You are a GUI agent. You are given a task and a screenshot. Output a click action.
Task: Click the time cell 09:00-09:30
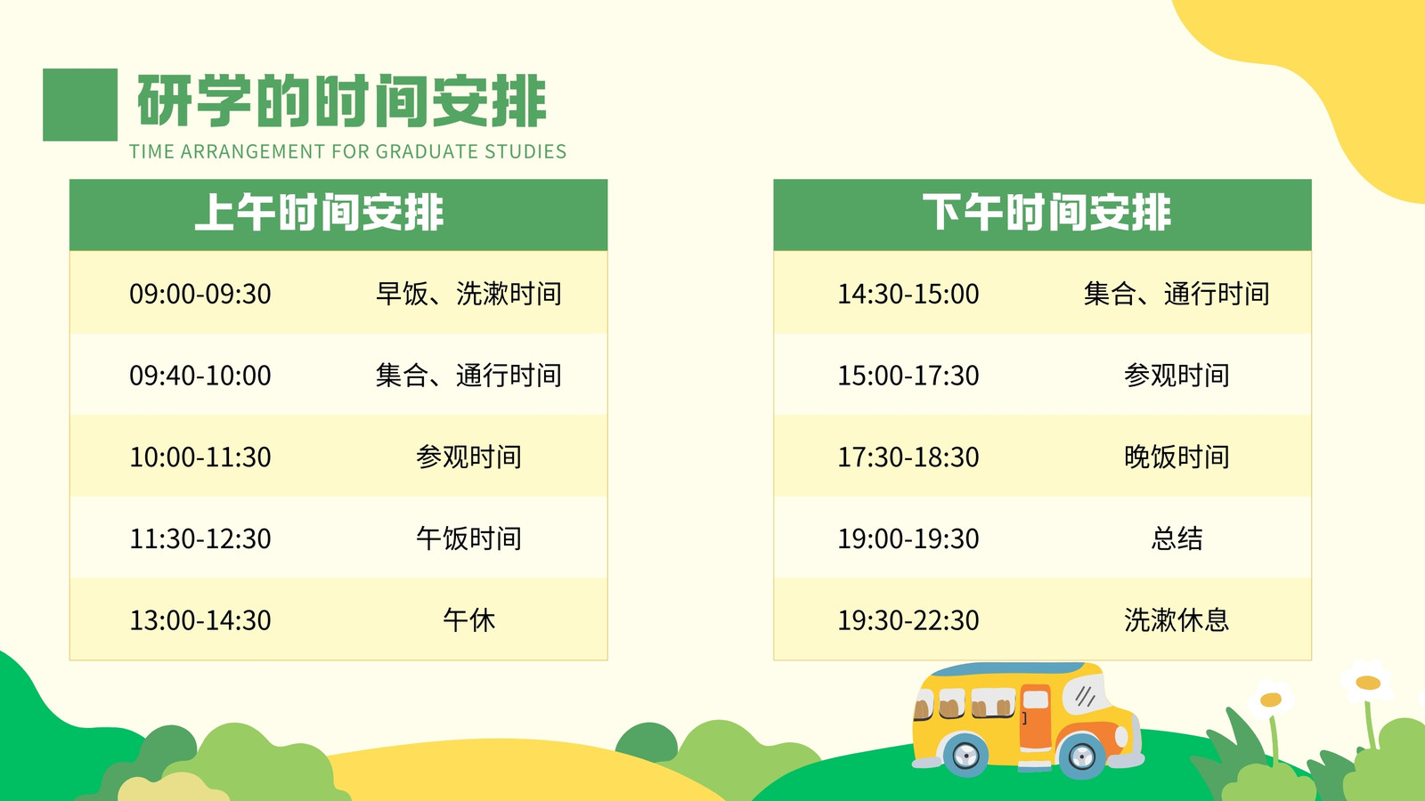pyautogui.click(x=200, y=294)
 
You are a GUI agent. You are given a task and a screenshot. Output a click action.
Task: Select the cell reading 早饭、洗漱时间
pyautogui.click(x=468, y=294)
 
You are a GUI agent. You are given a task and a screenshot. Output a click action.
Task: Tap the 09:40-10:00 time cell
pyautogui.click(x=200, y=375)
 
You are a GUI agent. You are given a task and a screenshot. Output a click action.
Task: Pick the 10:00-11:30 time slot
pyautogui.click(x=200, y=457)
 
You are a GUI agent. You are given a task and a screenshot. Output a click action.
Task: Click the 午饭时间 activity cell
pyautogui.click(x=468, y=538)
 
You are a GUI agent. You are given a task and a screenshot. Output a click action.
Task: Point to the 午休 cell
pyautogui.click(x=468, y=619)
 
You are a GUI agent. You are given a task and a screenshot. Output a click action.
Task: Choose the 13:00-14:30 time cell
pyautogui.click(x=200, y=620)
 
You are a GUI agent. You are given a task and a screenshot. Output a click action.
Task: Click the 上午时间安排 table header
pyautogui.click(x=319, y=213)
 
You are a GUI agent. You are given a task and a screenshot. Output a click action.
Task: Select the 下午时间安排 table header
pyautogui.click(x=1046, y=213)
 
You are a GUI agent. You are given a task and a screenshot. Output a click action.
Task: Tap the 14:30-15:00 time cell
pyautogui.click(x=908, y=294)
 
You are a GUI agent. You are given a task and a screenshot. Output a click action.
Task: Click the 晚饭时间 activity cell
pyautogui.click(x=1177, y=457)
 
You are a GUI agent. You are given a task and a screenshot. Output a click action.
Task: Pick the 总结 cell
pyautogui.click(x=1177, y=538)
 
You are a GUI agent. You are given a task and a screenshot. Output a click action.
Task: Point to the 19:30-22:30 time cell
pyautogui.click(x=908, y=620)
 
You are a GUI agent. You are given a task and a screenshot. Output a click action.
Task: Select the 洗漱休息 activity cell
pyautogui.click(x=1177, y=619)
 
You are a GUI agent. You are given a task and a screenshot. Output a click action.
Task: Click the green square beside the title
pyautogui.click(x=80, y=105)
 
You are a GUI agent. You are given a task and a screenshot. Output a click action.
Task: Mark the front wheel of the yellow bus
pyautogui.click(x=1081, y=756)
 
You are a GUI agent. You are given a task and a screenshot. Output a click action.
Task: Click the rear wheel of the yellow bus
pyautogui.click(x=965, y=756)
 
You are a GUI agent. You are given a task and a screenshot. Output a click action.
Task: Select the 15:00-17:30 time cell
pyautogui.click(x=908, y=375)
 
